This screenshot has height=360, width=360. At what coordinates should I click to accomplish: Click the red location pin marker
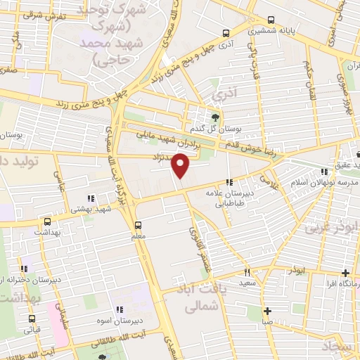point(181,166)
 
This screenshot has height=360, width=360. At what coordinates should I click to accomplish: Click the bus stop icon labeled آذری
point(226,32)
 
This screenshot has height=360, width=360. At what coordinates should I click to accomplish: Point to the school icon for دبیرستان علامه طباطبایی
point(229,182)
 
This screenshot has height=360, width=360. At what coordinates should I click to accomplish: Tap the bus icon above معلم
point(138,226)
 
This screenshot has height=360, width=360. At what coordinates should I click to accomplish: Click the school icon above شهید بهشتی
point(90,199)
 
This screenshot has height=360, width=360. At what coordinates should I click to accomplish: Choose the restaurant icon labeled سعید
point(247,271)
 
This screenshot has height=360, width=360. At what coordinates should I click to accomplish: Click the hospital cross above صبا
point(267,311)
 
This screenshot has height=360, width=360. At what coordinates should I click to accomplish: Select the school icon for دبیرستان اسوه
point(120,309)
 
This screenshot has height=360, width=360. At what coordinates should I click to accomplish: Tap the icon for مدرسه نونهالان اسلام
point(323,172)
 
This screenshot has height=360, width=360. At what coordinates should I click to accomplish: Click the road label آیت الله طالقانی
point(141,333)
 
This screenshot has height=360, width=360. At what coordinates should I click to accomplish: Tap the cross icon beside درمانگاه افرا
point(345,273)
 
